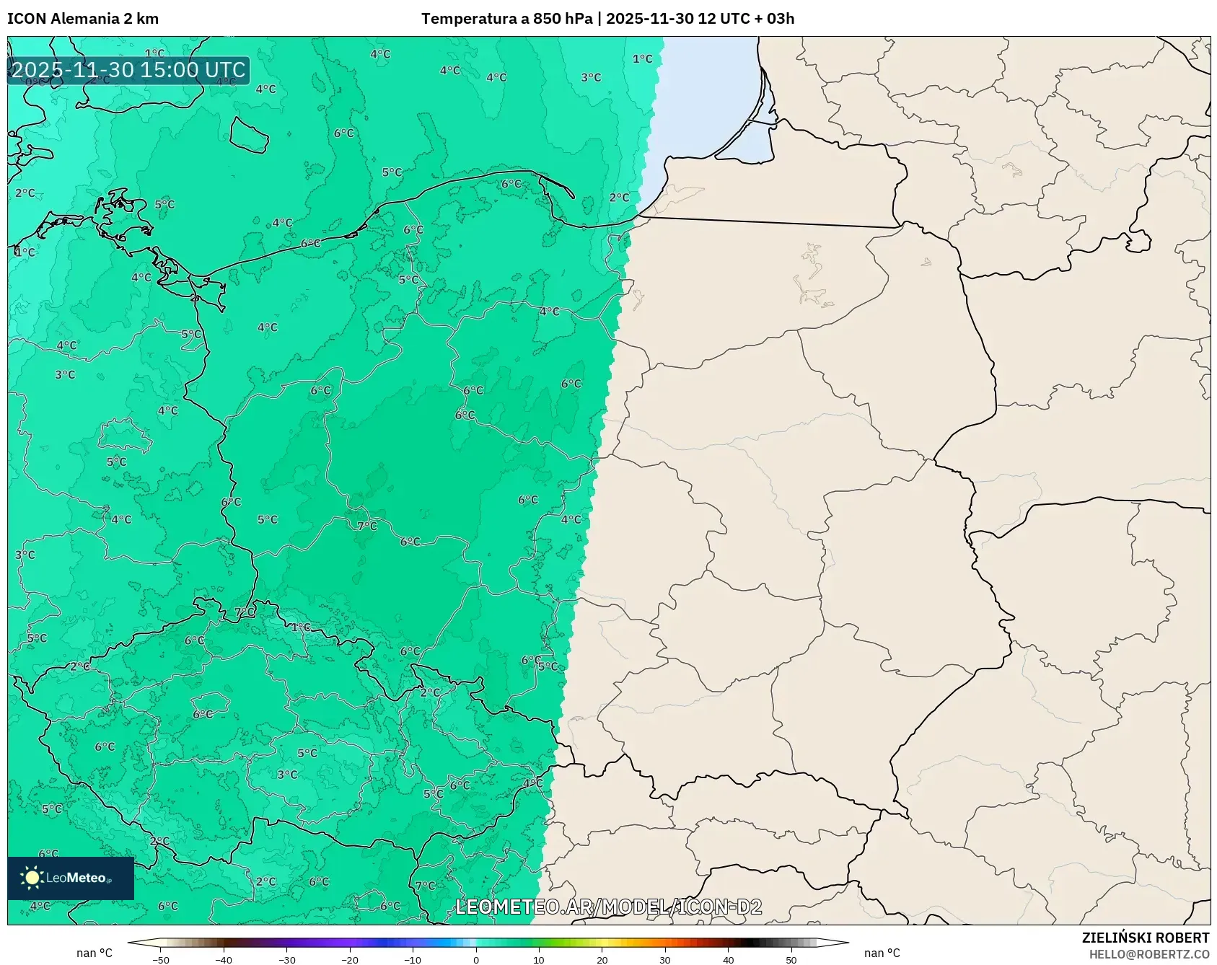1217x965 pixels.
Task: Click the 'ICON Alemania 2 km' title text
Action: click(x=83, y=19)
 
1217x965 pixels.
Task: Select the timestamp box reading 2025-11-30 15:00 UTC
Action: click(x=128, y=70)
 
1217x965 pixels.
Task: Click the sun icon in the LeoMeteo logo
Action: click(x=32, y=877)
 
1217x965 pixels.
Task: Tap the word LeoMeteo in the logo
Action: click(x=76, y=878)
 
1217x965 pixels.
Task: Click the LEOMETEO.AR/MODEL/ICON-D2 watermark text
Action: click(x=608, y=907)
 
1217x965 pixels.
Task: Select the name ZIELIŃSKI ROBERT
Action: click(x=1145, y=938)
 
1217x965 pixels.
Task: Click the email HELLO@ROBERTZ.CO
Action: click(x=1148, y=954)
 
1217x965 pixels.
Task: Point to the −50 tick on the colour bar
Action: click(x=161, y=959)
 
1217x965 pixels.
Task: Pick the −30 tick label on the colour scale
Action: click(x=286, y=959)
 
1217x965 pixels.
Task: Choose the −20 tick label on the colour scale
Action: click(x=349, y=959)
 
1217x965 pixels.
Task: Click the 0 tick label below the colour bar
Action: click(x=475, y=959)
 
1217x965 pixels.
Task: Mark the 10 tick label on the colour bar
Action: click(x=539, y=959)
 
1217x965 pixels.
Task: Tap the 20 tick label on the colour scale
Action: click(x=602, y=959)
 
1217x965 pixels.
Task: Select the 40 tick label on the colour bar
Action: click(x=728, y=959)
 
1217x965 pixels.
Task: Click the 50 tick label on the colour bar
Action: click(x=791, y=959)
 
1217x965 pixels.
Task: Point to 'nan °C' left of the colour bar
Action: click(x=95, y=953)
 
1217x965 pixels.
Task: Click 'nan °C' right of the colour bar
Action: click(x=882, y=953)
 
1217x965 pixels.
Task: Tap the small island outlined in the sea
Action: click(x=250, y=135)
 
